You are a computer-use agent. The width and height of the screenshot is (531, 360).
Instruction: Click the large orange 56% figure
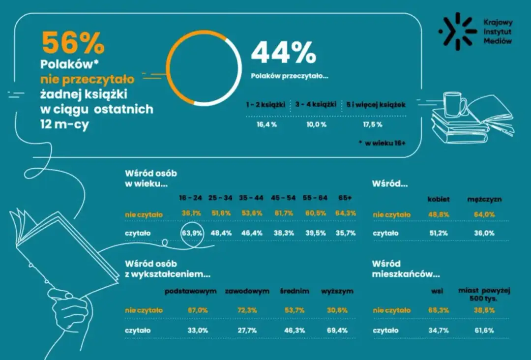click(73, 43)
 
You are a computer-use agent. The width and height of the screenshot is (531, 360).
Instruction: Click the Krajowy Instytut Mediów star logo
click(457, 31)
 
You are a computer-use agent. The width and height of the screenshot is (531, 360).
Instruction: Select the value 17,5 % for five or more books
click(373, 125)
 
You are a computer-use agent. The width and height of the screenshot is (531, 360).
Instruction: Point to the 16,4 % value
click(267, 125)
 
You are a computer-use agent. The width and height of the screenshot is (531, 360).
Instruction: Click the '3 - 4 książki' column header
click(316, 104)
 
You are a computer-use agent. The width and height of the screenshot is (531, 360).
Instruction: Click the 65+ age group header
click(345, 197)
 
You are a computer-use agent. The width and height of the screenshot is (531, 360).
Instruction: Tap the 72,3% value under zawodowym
click(247, 310)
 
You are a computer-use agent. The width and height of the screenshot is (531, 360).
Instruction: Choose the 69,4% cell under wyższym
click(337, 330)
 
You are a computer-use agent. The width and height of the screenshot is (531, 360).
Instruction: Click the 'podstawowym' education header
click(191, 291)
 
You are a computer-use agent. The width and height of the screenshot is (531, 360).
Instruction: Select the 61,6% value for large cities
click(484, 330)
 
